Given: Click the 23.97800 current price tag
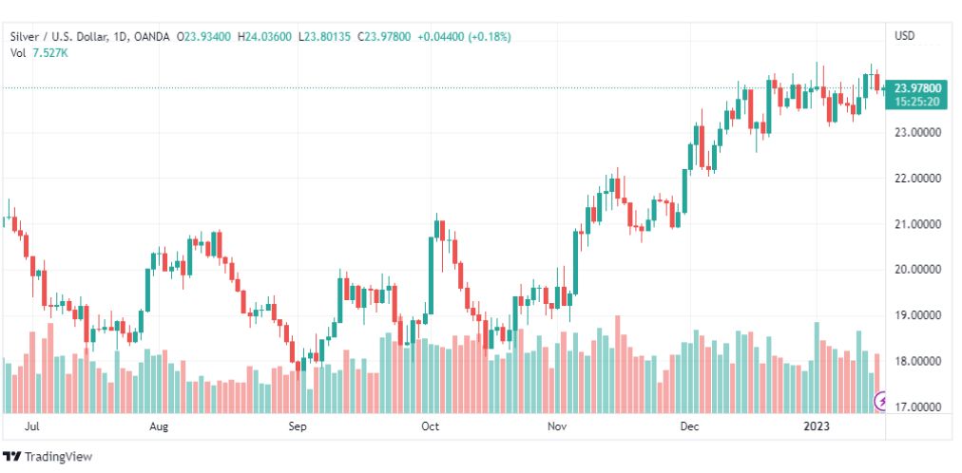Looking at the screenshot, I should [x=916, y=87].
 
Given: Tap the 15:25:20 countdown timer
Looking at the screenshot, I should [x=916, y=101].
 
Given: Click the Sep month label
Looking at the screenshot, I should [x=298, y=427].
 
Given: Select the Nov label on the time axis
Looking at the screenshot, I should [x=557, y=427].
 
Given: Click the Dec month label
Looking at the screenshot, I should [x=689, y=427].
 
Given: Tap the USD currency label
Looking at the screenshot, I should [x=904, y=36].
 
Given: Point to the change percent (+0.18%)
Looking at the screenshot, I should [x=489, y=37].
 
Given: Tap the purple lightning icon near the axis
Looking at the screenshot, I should [x=880, y=403].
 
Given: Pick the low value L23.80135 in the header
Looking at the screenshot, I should [x=324, y=37].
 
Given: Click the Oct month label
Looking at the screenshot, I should [x=430, y=427].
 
